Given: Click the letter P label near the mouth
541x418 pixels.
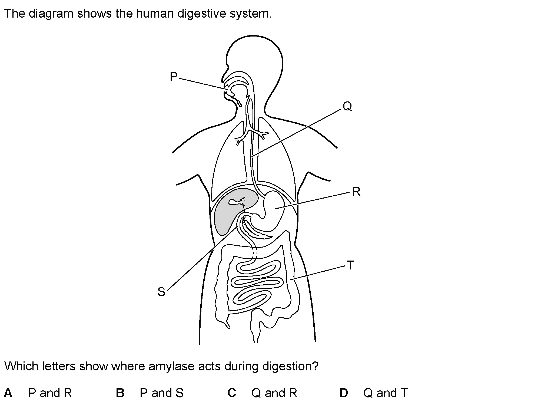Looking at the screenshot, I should (173, 77).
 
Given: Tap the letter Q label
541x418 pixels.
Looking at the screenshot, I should (347, 106).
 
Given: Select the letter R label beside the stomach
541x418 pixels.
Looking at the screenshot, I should (356, 192).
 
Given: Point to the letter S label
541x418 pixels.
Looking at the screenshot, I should (161, 292).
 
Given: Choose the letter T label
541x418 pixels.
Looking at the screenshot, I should (350, 265).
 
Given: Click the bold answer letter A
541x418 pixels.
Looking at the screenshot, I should (8, 393).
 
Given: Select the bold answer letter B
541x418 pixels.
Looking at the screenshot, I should (120, 393).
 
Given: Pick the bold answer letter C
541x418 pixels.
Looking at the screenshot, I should (232, 393).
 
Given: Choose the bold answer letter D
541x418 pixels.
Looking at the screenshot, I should (344, 393).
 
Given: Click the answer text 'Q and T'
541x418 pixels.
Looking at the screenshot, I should (385, 393).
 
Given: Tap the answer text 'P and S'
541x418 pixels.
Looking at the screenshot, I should (162, 393).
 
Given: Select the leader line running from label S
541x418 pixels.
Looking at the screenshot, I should (203, 258).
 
